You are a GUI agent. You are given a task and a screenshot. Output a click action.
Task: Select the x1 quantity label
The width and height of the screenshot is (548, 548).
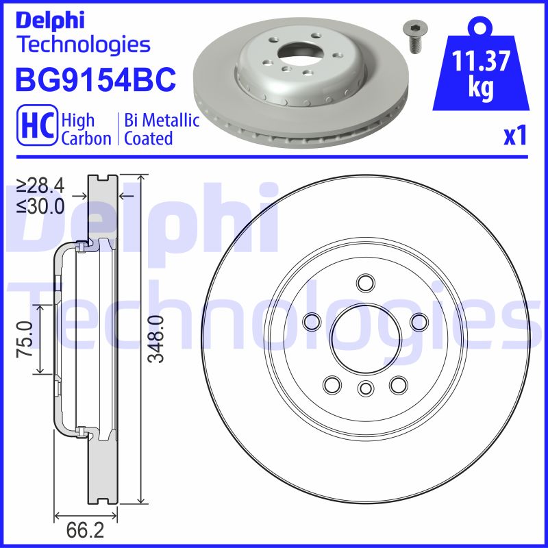click(x=514, y=135)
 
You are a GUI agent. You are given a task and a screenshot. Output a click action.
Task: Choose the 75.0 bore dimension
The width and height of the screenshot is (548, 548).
click(x=26, y=338)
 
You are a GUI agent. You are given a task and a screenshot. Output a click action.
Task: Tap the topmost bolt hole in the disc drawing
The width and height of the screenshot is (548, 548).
click(x=365, y=282)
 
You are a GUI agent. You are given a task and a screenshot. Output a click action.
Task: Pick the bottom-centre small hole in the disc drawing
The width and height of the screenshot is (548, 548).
click(x=365, y=389)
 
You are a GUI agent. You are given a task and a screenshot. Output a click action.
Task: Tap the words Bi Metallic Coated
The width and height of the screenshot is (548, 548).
click(x=162, y=129)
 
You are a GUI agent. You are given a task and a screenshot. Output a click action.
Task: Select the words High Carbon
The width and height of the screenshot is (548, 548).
click(x=86, y=129)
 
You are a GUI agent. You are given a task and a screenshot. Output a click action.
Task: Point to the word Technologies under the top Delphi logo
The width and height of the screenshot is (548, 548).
click(x=83, y=45)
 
